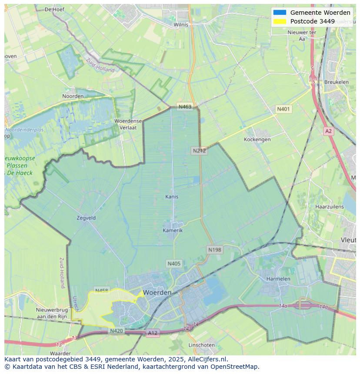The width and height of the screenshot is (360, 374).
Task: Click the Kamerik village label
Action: coord(173,230)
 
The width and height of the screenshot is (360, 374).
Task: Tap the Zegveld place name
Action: coord(86,218)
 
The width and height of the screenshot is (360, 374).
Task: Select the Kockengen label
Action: coord(257,139)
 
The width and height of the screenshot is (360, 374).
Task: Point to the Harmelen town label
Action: coord(278,278)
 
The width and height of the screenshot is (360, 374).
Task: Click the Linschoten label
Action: coord(201,345)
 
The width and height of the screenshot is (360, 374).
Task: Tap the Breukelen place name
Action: coord(336,82)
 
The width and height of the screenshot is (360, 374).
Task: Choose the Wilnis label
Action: coord(181,25)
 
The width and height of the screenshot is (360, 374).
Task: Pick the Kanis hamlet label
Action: coord(172,197)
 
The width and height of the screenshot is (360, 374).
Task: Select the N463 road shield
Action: coord(184,107)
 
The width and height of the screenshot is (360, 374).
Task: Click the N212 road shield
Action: coord(199,151)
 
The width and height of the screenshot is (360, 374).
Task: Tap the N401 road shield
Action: coord(283,109)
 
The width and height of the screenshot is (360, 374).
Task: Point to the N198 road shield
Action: coord(214,250)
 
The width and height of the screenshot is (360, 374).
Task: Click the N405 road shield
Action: coord(173,264)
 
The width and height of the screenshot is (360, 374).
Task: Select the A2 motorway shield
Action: coord(328,131)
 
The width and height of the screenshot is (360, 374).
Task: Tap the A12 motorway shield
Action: coord(153,333)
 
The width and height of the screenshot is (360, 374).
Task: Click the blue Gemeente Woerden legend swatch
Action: coord(280,13)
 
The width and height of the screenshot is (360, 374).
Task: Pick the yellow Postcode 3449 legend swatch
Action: coord(280,21)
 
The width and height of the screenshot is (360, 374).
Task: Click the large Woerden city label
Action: coord(157,292)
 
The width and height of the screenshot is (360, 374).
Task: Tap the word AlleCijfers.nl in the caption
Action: coord(205,359)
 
